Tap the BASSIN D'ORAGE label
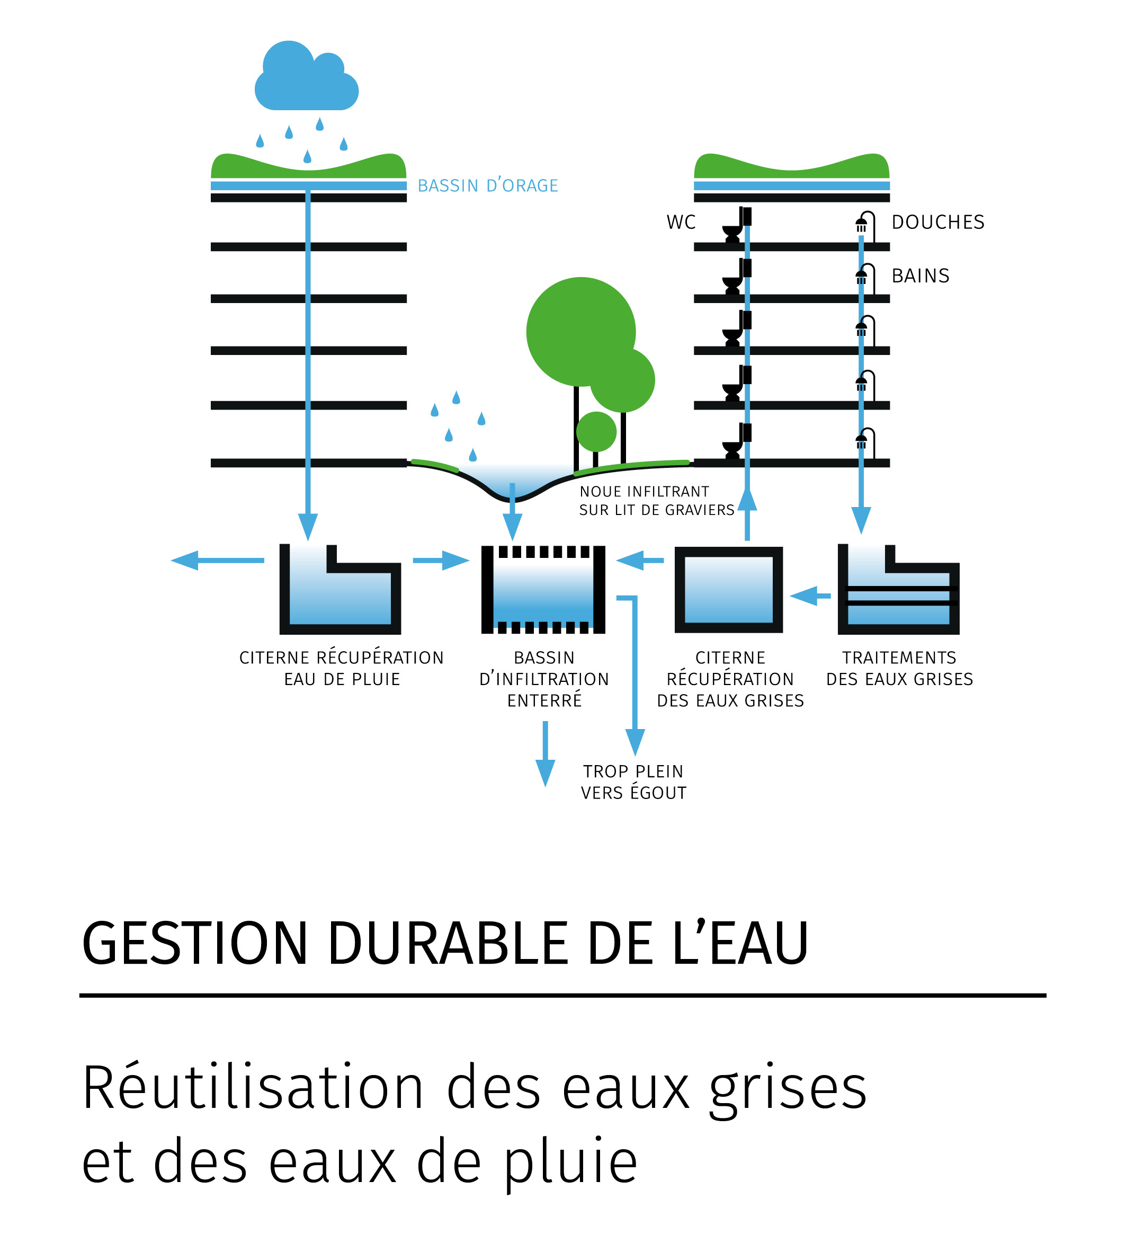[487, 185]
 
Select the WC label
[681, 222]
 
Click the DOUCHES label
[937, 222]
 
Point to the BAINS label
[920, 276]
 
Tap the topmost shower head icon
[862, 223]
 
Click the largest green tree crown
[580, 331]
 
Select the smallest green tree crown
[596, 431]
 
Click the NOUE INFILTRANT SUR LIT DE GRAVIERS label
[656, 501]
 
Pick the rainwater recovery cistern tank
[339, 591]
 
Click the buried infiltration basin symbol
[543, 590]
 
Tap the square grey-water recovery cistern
[728, 590]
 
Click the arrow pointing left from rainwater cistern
[217, 560]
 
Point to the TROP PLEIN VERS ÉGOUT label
[633, 782]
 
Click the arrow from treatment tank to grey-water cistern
[810, 596]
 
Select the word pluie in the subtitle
[569, 1162]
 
